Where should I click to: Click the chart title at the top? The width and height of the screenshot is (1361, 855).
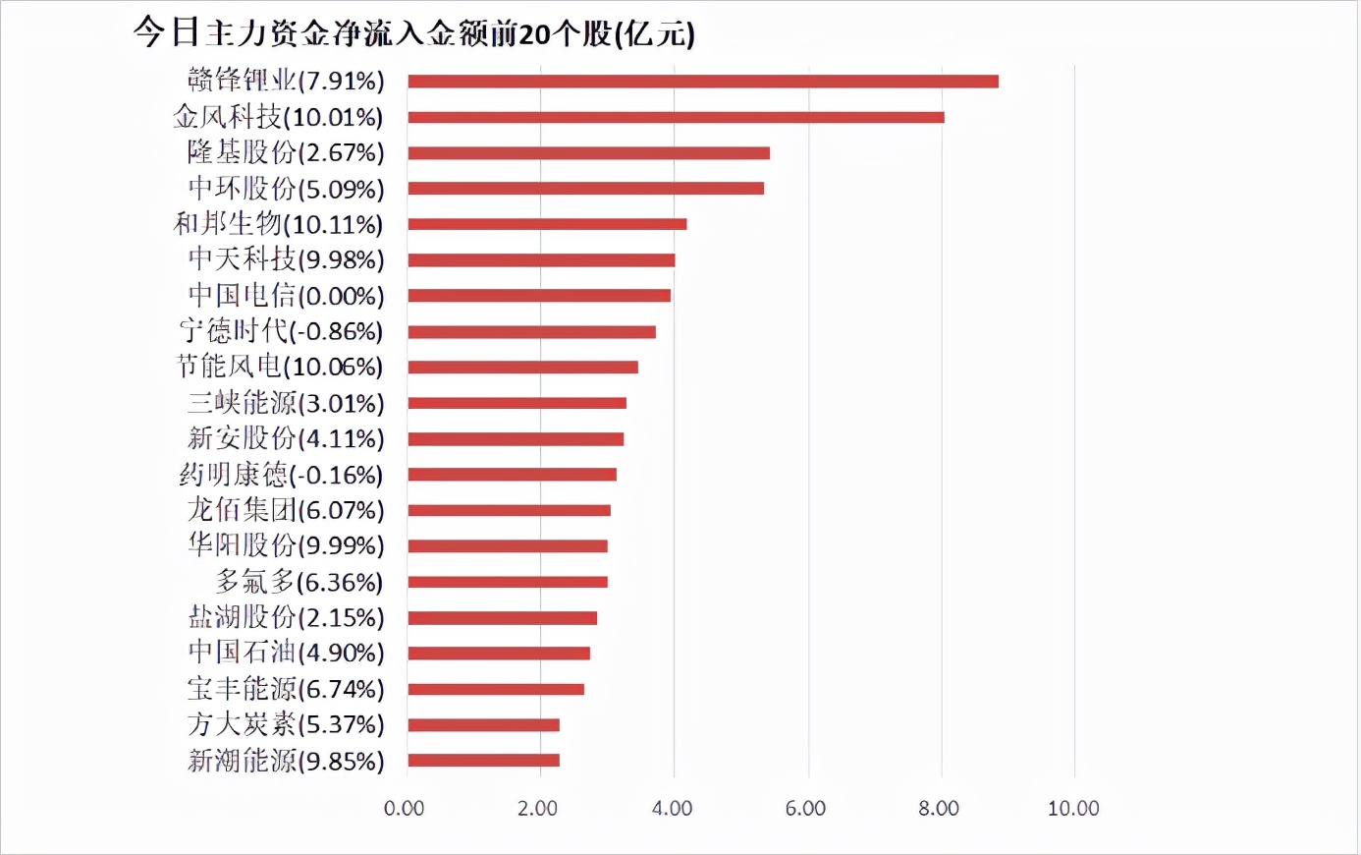coord(413,33)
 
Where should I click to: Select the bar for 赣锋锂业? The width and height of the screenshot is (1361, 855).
coord(703,82)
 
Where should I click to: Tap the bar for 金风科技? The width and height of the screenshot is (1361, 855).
coord(676,117)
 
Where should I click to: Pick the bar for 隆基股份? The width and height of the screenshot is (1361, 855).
coord(588,153)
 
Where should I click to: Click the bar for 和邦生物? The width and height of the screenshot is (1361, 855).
coord(547,224)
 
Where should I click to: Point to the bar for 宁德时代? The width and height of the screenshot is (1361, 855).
coord(531,332)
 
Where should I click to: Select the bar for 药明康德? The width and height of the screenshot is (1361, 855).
coord(512,475)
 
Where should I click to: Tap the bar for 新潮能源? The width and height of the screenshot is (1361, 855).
coord(483,761)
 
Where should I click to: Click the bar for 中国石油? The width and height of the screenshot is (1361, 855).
coord(499,654)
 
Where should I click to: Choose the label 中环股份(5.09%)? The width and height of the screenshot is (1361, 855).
coord(286,189)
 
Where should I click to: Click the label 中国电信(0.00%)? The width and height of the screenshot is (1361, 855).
coord(286,296)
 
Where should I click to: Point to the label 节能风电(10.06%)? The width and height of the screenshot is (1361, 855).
coord(280,368)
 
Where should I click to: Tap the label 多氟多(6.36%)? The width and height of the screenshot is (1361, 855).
coord(299,582)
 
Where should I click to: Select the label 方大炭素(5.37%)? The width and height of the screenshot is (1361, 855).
coord(286,725)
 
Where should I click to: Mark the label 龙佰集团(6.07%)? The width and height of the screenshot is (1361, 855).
coord(286,510)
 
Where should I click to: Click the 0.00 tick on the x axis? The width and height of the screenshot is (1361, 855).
coord(405,809)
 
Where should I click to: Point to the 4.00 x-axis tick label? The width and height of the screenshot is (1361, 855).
coord(673,809)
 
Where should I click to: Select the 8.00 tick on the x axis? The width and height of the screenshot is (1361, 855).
coord(940,809)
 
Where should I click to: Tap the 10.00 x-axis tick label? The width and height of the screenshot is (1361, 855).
coord(1073,809)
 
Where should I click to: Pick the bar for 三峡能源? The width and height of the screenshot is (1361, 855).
coord(517,403)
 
